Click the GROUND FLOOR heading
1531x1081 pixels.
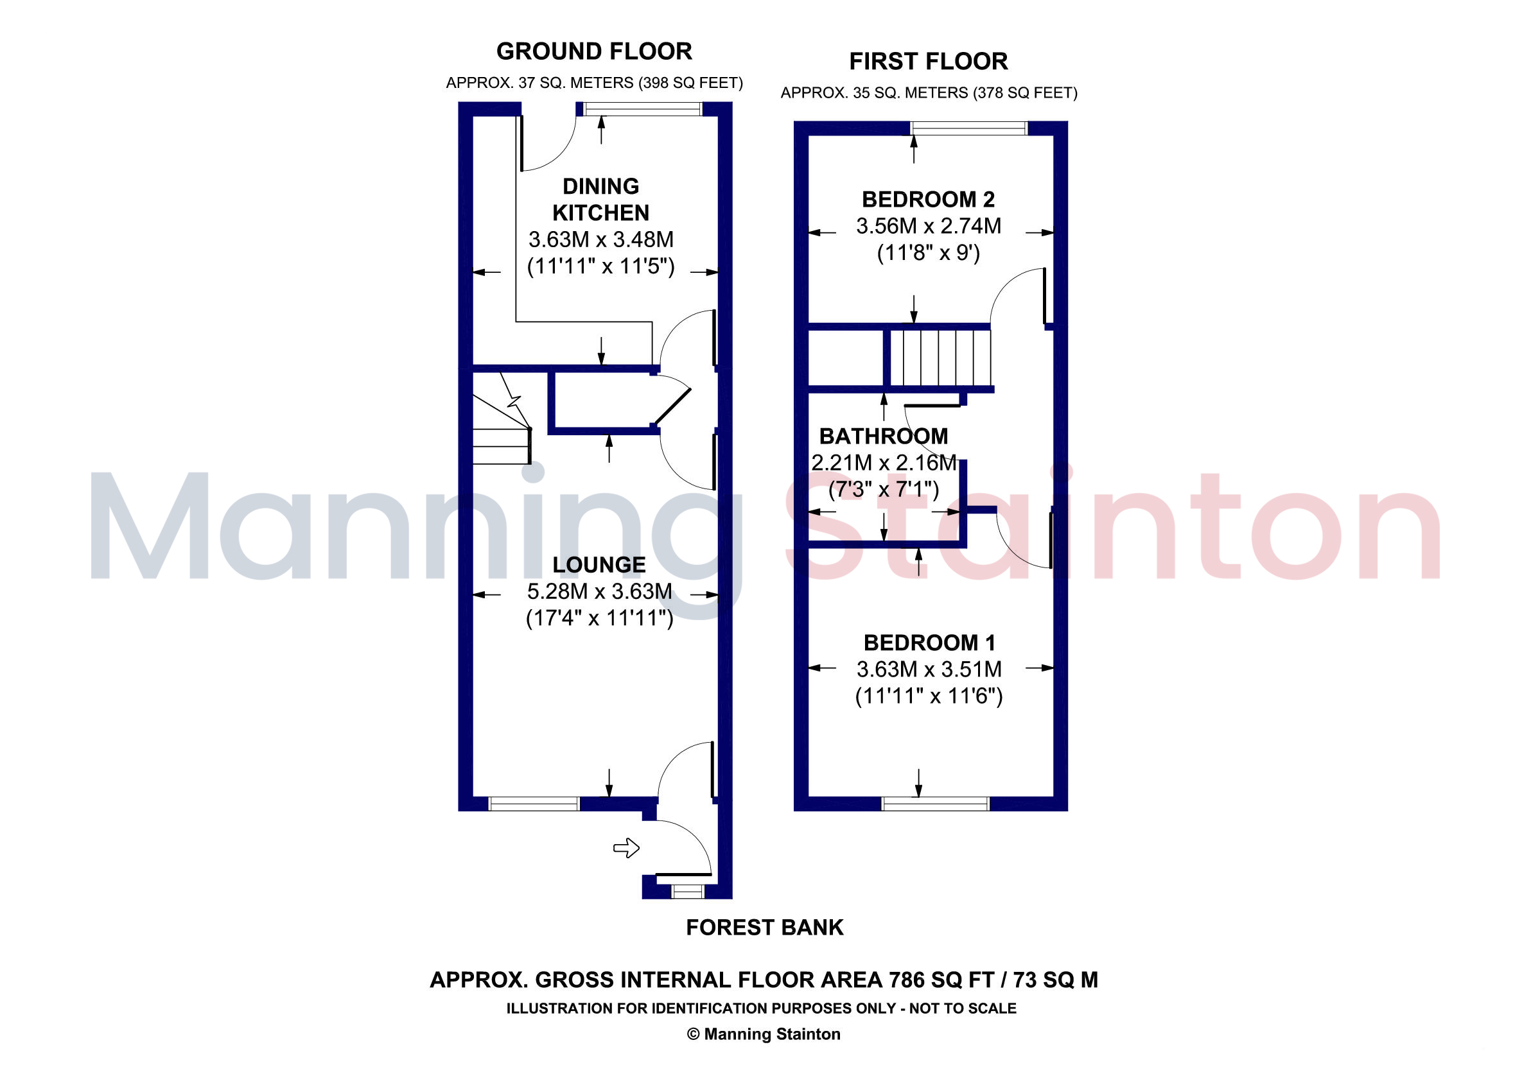tap(594, 51)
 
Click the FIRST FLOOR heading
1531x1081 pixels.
tap(928, 62)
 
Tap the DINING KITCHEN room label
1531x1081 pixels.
tap(601, 199)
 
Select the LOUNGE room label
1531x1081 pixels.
tap(599, 564)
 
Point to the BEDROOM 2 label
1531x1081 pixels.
tap(928, 199)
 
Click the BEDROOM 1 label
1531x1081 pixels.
tap(929, 643)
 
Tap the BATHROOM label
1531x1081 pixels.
tap(884, 436)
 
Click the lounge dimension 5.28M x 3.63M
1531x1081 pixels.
tap(599, 591)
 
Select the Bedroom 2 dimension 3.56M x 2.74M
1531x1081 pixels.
tap(928, 226)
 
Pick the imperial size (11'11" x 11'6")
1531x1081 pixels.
tap(929, 696)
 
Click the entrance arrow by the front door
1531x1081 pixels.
tap(626, 848)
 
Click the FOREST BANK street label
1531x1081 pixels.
tap(765, 927)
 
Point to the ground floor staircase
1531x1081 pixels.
tap(502, 419)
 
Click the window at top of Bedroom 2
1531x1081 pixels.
tap(969, 128)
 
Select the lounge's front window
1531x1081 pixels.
tap(534, 804)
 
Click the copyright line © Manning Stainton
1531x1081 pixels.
tap(764, 1033)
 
